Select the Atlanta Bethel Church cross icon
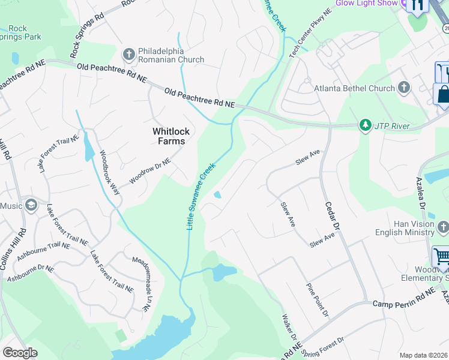point(403,88)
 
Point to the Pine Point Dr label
point(318,300)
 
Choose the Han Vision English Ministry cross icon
point(443,227)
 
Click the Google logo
point(20,353)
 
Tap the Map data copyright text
point(423,355)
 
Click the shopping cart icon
point(441,257)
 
